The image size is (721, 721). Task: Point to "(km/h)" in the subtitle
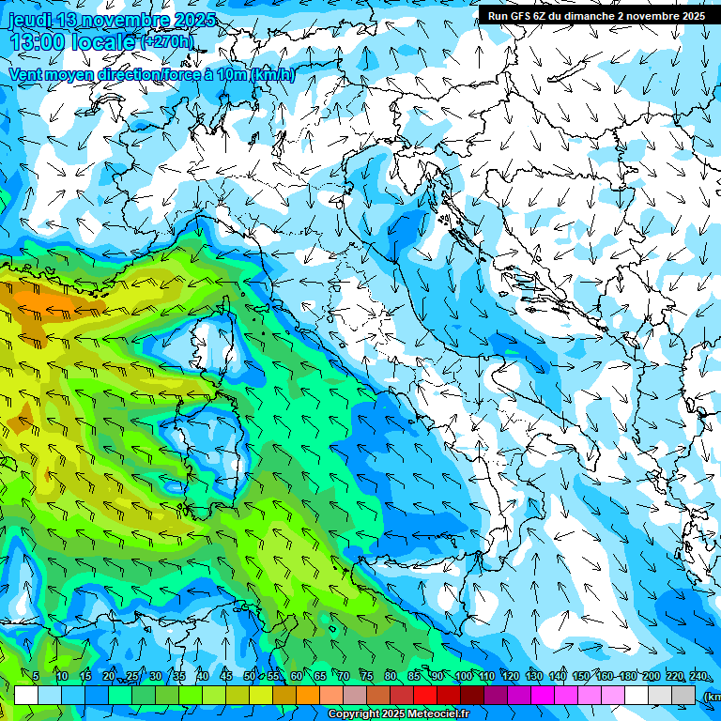[x=272, y=74]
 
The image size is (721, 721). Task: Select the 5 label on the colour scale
[x=36, y=677]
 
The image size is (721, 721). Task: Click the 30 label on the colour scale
[x=155, y=677]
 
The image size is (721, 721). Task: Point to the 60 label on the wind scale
[x=297, y=677]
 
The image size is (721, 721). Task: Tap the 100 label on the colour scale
[x=463, y=677]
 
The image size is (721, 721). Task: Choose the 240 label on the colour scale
[x=698, y=677]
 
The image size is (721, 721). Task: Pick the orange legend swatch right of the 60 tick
[x=309, y=696]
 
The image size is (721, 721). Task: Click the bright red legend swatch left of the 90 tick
[x=426, y=696]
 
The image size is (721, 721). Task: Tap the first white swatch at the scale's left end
[x=25, y=696]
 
